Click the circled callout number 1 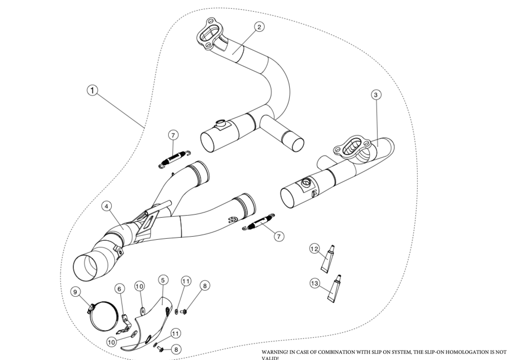point(92,90)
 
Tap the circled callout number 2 point(260,27)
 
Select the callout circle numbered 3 point(376,95)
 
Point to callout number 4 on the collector point(106,206)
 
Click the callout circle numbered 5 point(162,280)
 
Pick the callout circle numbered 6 point(120,290)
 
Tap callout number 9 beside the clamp point(76,292)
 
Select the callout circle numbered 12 point(315,249)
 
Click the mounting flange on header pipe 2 point(209,36)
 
